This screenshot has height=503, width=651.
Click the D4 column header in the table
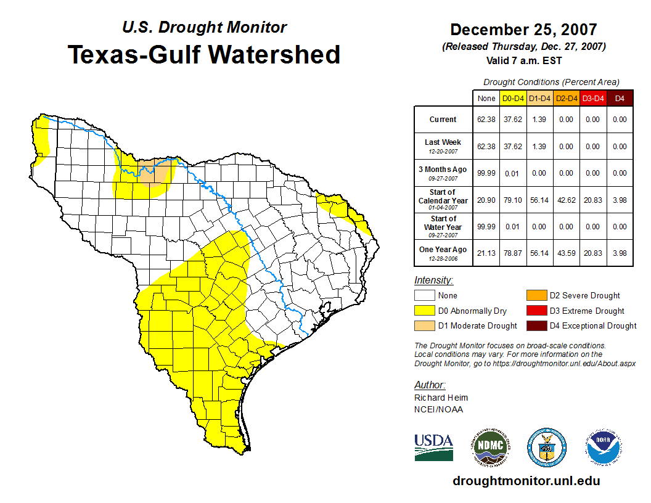pyautogui.click(x=620, y=98)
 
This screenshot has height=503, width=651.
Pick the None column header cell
pyautogui.click(x=486, y=98)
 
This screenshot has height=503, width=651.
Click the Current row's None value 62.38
pyautogui.click(x=486, y=120)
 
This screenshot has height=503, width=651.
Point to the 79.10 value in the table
pyautogui.click(x=513, y=200)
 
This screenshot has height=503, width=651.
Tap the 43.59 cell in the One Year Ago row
pyautogui.click(x=566, y=253)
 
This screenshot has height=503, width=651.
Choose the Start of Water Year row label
pyautogui.click(x=443, y=226)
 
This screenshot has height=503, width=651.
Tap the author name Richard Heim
pyautogui.click(x=441, y=398)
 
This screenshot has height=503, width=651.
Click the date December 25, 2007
pyautogui.click(x=523, y=30)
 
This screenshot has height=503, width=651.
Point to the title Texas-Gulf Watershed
pyautogui.click(x=204, y=54)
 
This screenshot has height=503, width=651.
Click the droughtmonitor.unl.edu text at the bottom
pyautogui.click(x=526, y=481)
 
